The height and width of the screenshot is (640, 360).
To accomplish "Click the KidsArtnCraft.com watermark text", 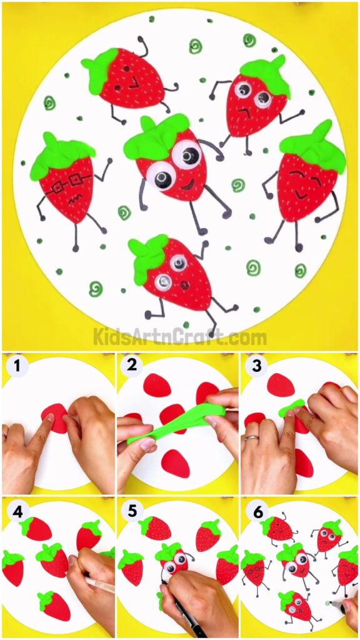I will coord(180,337).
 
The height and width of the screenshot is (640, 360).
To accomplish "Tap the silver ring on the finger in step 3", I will coord(248,439).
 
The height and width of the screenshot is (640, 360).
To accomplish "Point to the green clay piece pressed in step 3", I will coord(292,409).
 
